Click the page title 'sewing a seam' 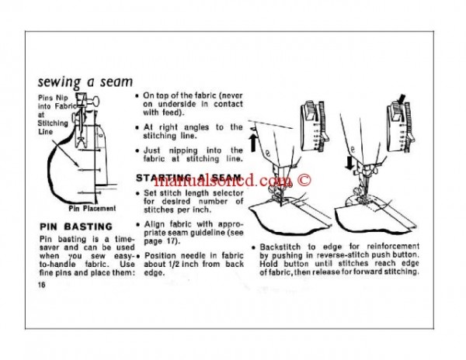(x=85, y=81)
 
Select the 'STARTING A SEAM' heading (x=187, y=178)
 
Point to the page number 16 (x=40, y=285)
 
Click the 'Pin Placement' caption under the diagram (x=92, y=208)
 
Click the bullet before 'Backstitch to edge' (x=254, y=246)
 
